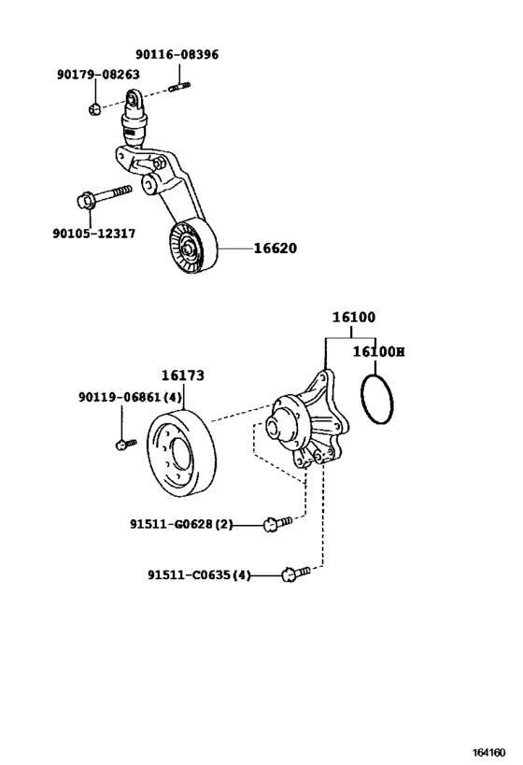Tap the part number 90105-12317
tap(93, 234)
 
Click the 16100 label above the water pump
tap(353, 318)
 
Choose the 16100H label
tap(378, 352)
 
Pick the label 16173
tap(182, 375)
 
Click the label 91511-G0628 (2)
tap(181, 525)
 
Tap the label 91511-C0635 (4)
tap(199, 575)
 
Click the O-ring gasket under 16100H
tap(377, 401)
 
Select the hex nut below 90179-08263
tap(94, 109)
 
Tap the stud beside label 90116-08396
tap(180, 89)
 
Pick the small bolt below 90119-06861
tap(120, 444)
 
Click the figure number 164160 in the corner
tap(489, 751)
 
